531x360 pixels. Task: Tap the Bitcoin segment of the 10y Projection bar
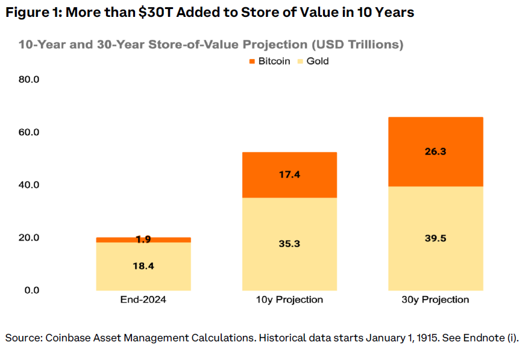[289, 175]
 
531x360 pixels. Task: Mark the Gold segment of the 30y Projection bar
[436, 253]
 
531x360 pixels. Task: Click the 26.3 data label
[435, 152]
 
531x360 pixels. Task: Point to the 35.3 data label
[289, 244]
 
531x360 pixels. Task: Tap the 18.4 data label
[143, 266]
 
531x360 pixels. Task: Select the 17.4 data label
[289, 175]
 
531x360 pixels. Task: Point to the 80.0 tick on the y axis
[29, 80]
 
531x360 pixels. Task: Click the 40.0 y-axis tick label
[29, 185]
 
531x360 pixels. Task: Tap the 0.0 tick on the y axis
[31, 290]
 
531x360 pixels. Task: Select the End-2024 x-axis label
[143, 300]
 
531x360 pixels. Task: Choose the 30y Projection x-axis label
[435, 300]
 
